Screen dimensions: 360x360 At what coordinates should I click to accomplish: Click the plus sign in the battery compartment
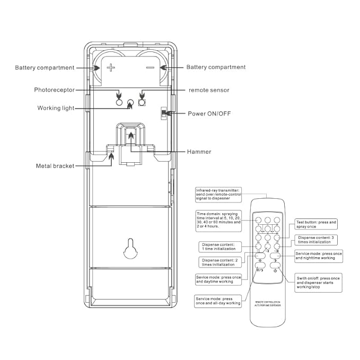point(111,68)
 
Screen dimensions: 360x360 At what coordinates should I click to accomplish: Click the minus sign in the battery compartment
point(150,68)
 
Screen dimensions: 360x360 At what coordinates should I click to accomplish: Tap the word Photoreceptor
point(55,90)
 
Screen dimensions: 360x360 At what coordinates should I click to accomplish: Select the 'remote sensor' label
point(209,90)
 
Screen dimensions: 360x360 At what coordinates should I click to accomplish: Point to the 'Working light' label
point(56,108)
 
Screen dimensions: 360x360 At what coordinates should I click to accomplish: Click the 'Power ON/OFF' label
point(209,113)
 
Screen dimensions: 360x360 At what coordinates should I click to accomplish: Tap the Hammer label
point(199,152)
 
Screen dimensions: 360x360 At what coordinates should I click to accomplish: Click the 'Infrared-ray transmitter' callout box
point(218,194)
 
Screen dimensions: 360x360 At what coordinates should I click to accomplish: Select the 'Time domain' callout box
point(218,219)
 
